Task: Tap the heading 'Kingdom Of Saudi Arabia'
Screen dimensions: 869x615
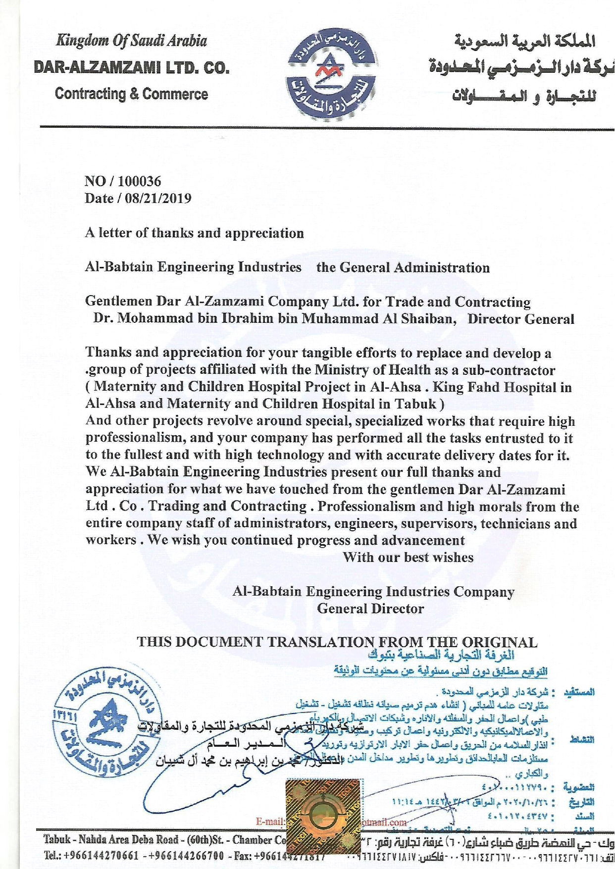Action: click(x=131, y=41)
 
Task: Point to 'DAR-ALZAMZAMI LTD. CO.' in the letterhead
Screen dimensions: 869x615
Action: click(x=131, y=67)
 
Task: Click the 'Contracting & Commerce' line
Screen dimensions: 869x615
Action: click(x=131, y=94)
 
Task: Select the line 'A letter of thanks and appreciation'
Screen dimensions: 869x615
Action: click(x=194, y=233)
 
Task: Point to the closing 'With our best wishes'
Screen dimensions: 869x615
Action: click(x=408, y=557)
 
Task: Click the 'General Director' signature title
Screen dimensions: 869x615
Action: click(x=370, y=609)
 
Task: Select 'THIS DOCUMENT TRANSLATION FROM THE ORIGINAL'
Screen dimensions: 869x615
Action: click(x=337, y=642)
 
